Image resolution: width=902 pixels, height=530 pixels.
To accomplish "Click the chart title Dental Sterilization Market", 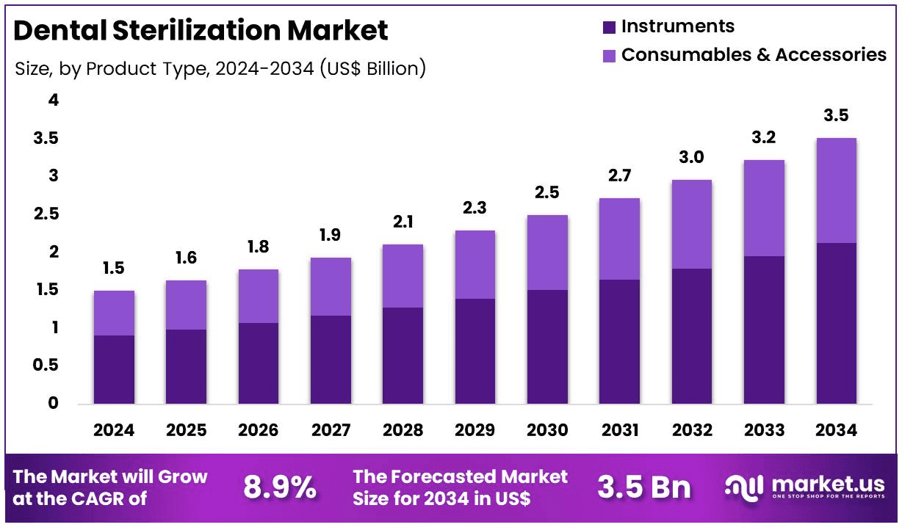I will (x=201, y=31).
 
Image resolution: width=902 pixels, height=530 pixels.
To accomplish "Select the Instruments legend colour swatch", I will (x=609, y=28).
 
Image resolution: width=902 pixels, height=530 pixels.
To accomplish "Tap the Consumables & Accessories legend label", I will (x=754, y=55).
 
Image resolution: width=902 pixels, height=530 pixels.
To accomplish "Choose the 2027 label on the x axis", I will (x=330, y=430).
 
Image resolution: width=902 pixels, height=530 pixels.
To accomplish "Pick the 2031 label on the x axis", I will (x=618, y=430).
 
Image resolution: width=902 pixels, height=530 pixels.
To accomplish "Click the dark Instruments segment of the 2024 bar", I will (x=114, y=369).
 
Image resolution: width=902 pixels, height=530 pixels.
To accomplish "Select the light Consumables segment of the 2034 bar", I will (x=836, y=190).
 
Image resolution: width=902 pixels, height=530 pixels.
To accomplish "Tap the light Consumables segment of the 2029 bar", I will (x=475, y=264).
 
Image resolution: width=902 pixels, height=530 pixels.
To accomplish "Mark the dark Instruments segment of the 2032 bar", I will (x=691, y=336).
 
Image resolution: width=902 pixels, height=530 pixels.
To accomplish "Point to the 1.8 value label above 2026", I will (x=258, y=247).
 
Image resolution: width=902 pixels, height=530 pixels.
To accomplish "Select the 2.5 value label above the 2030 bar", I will (x=546, y=192).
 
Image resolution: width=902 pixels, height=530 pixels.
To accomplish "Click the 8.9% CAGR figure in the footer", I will (x=280, y=487).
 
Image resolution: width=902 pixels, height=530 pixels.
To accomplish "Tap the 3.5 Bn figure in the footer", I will (x=643, y=487).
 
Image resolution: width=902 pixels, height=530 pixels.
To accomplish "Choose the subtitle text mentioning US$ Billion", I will (x=220, y=69).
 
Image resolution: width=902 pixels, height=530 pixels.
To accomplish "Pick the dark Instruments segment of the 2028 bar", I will (x=402, y=355).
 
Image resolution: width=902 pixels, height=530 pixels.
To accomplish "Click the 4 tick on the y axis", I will (x=53, y=100).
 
